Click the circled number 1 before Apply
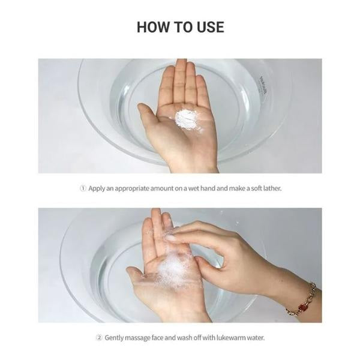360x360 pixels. (x=83, y=188)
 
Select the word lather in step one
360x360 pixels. (x=272, y=188)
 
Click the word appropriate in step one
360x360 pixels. (x=132, y=189)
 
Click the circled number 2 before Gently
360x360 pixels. (x=99, y=338)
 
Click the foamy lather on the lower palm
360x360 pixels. (x=171, y=266)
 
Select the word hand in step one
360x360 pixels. (x=208, y=188)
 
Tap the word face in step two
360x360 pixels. (x=158, y=338)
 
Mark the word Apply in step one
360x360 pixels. (x=97, y=189)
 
